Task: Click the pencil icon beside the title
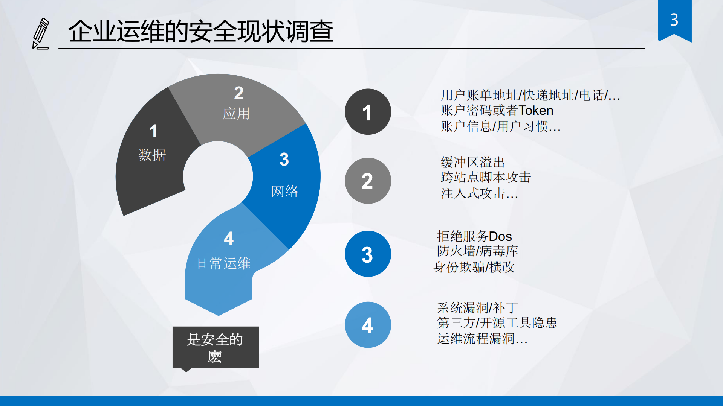41,33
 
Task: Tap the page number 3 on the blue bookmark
674,20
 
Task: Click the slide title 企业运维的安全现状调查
200,31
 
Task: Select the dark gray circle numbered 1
368,112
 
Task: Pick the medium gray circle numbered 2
368,181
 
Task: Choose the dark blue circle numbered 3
368,254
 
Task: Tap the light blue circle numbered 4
368,325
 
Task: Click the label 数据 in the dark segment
152,155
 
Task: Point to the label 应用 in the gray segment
236,113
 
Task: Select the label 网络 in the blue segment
284,191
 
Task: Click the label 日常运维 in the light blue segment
224,263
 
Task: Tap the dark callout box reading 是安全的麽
216,347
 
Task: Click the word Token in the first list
536,110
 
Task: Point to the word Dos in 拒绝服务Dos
500,236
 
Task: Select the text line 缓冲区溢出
472,162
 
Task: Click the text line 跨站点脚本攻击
486,177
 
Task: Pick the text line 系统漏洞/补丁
477,307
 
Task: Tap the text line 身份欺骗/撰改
474,267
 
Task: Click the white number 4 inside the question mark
228,238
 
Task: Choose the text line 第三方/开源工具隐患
497,322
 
